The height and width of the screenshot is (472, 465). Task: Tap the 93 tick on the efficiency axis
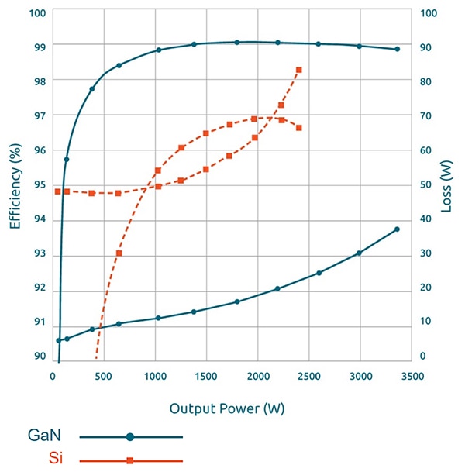[38, 253]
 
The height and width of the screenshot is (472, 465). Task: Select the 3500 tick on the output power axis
[412, 376]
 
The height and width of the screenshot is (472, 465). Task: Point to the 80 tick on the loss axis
[425, 81]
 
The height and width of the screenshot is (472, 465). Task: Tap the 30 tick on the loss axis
[425, 253]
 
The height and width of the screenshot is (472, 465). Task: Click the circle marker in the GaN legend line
[130, 437]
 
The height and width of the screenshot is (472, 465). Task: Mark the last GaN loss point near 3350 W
[397, 229]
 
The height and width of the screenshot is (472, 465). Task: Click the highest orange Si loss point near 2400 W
[299, 70]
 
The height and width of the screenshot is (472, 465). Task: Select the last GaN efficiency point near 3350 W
[397, 49]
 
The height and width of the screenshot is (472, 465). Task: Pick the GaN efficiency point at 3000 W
[359, 46]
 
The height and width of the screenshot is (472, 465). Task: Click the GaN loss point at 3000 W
[359, 253]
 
